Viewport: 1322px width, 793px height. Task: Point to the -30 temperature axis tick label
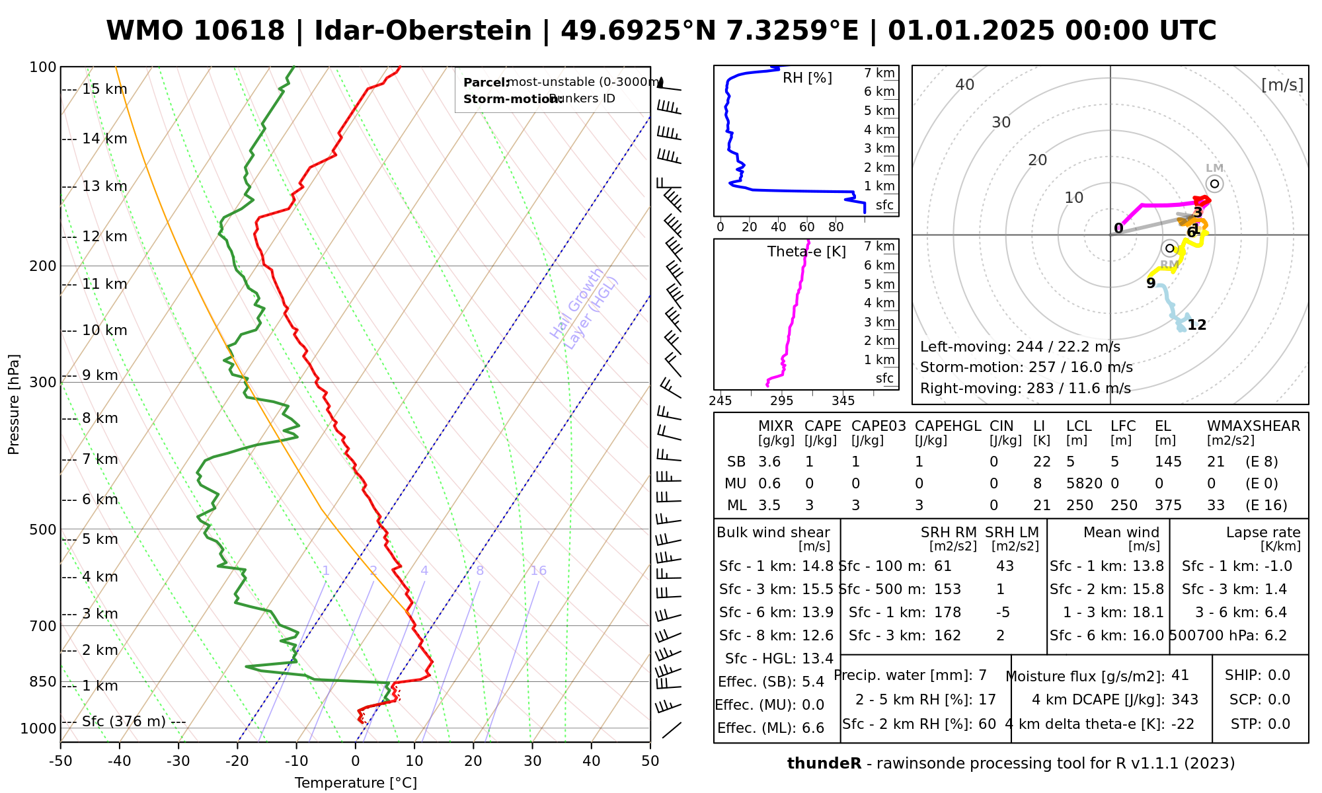[178, 761]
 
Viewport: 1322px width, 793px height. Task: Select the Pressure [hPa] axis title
[14, 404]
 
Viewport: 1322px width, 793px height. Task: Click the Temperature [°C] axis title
[356, 783]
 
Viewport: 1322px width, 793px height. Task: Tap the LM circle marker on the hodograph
[1214, 184]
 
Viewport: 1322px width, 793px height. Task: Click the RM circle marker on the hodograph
[1169, 248]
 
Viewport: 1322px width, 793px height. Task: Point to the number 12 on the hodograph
[1196, 325]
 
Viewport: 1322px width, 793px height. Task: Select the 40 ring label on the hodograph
[965, 85]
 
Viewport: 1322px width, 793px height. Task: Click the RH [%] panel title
[807, 78]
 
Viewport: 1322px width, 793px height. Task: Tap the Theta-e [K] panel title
[806, 252]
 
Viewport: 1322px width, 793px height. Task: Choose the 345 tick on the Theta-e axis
[843, 400]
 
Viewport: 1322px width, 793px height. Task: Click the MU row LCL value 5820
[1084, 484]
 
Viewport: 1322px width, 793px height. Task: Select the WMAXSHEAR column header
[1253, 426]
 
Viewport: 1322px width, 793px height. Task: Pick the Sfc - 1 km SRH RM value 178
[947, 613]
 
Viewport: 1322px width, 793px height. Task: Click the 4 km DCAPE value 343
[1185, 700]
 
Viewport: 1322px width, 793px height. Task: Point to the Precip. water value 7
[982, 675]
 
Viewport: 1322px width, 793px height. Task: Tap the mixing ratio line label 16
[538, 571]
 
